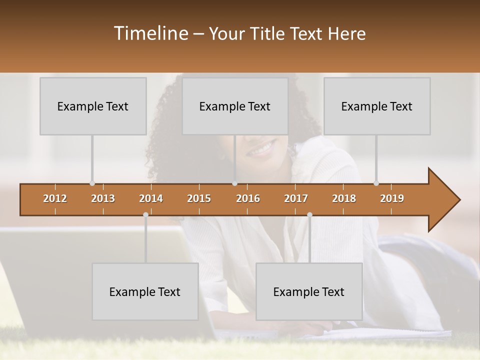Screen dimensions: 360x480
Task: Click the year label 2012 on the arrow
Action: coord(55,198)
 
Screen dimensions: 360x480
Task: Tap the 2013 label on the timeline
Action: coord(103,198)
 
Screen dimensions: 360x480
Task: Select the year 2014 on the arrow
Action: coord(151,198)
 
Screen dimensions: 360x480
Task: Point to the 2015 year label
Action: coord(199,198)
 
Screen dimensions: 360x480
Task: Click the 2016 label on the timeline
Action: coord(248,198)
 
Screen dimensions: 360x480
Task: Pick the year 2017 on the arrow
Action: coord(296,198)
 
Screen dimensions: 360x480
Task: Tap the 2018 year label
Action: coord(344,198)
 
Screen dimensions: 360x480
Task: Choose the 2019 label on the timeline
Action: coord(392,198)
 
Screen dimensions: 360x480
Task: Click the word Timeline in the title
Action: coord(150,33)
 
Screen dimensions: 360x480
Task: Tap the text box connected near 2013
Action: coord(93,106)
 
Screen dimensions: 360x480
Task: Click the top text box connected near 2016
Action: coord(235,106)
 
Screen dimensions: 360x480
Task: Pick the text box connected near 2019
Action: coord(377,106)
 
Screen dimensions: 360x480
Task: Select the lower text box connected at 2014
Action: coord(145,291)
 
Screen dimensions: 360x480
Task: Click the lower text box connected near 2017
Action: coord(309,291)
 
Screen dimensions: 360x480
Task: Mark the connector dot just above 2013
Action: coord(92,183)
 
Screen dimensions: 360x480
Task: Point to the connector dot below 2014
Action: coord(145,214)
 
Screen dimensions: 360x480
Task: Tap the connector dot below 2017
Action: coord(309,214)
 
